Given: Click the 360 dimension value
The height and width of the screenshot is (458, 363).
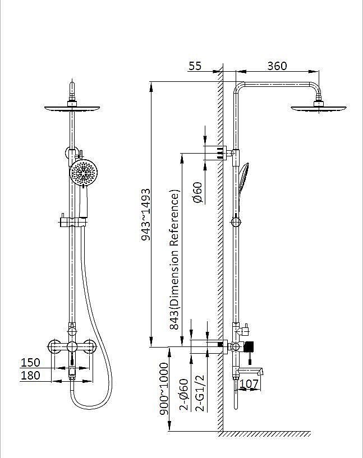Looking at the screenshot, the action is click(x=277, y=66).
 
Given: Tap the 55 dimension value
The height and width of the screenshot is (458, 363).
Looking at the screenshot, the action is click(x=195, y=66).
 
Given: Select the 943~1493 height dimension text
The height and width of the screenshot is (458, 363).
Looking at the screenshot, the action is click(x=145, y=215).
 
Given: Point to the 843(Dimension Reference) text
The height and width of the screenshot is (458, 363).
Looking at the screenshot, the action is click(x=174, y=260).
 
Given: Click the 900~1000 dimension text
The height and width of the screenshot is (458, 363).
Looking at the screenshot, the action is click(x=164, y=389).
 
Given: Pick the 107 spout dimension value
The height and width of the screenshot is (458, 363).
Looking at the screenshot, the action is click(x=249, y=383).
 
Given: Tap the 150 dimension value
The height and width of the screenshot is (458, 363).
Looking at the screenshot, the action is click(x=30, y=363).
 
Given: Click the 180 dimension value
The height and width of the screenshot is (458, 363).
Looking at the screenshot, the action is click(x=30, y=376).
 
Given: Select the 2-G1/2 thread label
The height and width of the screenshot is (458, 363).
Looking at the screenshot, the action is click(x=200, y=394).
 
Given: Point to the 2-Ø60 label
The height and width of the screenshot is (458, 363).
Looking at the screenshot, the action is click(x=184, y=395).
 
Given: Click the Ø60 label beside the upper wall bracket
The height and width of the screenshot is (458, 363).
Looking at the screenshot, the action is click(x=197, y=192).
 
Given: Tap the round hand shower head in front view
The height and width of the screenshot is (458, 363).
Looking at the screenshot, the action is click(x=84, y=173).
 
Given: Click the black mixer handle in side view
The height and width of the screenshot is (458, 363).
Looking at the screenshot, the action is click(x=249, y=346).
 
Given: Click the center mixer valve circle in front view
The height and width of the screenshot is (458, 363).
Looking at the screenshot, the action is click(x=72, y=346).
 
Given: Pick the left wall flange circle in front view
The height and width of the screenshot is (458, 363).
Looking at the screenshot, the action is click(x=54, y=346).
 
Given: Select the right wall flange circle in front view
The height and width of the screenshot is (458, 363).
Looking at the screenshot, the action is click(x=89, y=346).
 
